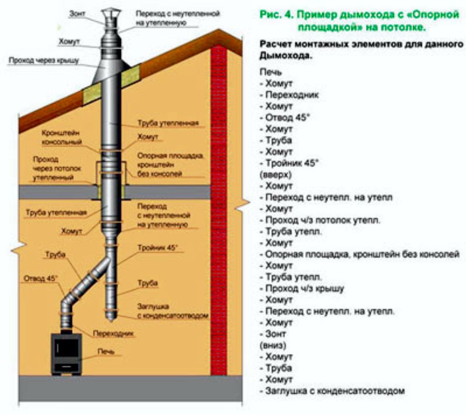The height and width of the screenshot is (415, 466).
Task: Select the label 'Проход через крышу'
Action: click(x=43, y=61)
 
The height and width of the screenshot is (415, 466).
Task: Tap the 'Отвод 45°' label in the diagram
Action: click(x=40, y=278)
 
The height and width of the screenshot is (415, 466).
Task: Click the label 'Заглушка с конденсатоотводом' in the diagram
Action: click(x=173, y=311)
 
